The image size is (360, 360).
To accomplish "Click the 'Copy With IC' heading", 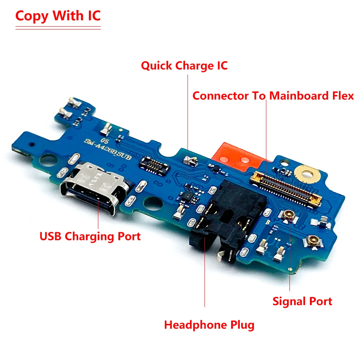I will (x=58, y=16).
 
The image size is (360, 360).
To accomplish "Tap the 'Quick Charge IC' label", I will (x=184, y=66).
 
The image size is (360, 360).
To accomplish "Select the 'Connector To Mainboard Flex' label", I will (x=273, y=96).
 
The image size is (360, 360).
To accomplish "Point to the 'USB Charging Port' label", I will (x=90, y=237).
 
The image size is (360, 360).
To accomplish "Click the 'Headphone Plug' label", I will (x=209, y=325).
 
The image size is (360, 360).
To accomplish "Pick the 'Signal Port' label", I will (x=302, y=301).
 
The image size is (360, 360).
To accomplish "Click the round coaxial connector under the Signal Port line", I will (x=288, y=215).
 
